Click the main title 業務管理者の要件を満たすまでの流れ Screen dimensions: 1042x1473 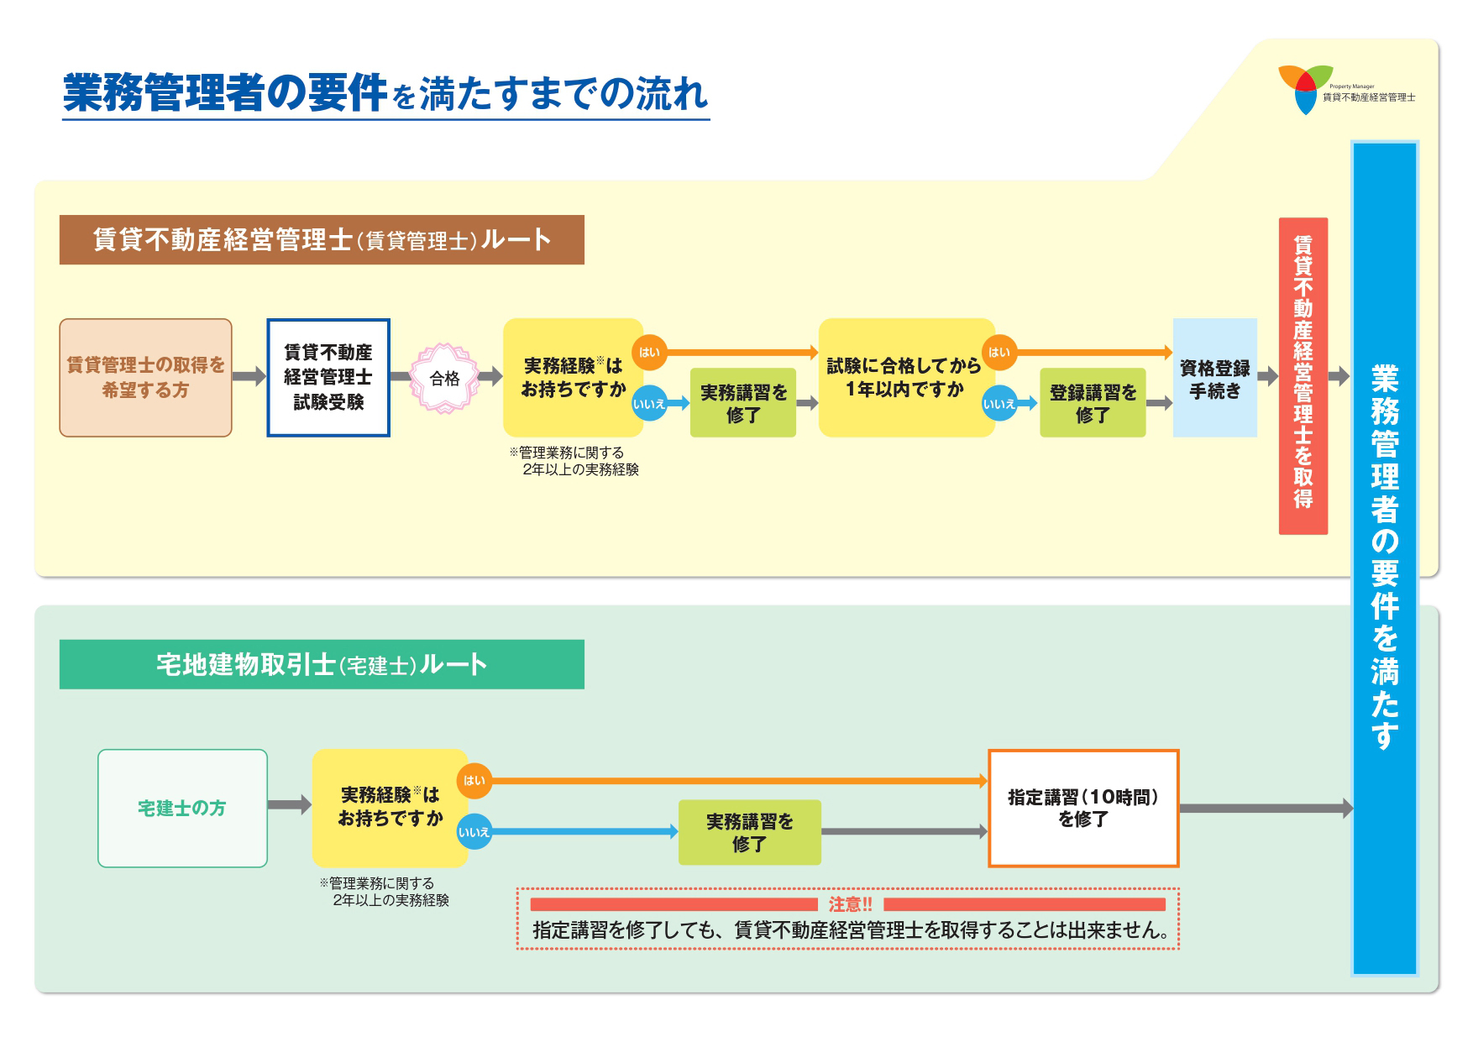(x=385, y=92)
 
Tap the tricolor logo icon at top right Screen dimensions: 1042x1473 (x=1305, y=89)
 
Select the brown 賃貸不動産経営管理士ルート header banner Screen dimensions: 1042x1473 (x=322, y=240)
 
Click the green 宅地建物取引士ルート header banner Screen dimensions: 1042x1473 (x=322, y=665)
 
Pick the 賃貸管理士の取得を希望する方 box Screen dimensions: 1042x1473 (x=145, y=378)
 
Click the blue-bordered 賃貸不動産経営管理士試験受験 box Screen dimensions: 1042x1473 (x=328, y=378)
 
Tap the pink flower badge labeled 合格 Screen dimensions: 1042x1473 (x=444, y=379)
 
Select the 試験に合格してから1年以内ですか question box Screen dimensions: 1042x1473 (x=904, y=378)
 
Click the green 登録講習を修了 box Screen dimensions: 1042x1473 (x=1093, y=403)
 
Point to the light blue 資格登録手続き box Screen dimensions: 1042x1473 (x=1214, y=378)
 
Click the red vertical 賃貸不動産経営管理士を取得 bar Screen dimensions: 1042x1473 (x=1303, y=375)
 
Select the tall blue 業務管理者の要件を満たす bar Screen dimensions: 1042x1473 (x=1385, y=558)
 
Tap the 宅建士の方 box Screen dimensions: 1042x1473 (x=182, y=808)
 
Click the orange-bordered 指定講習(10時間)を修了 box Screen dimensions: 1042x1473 (x=1083, y=808)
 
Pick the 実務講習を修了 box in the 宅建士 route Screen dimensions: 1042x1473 (x=749, y=832)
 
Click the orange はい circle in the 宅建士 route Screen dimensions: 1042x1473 (x=474, y=781)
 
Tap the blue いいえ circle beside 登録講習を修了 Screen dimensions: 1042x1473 (x=999, y=404)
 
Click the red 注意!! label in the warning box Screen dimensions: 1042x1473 (x=850, y=904)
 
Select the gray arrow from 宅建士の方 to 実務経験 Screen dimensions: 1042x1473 (x=289, y=805)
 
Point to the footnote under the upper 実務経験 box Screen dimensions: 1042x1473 (x=574, y=461)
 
